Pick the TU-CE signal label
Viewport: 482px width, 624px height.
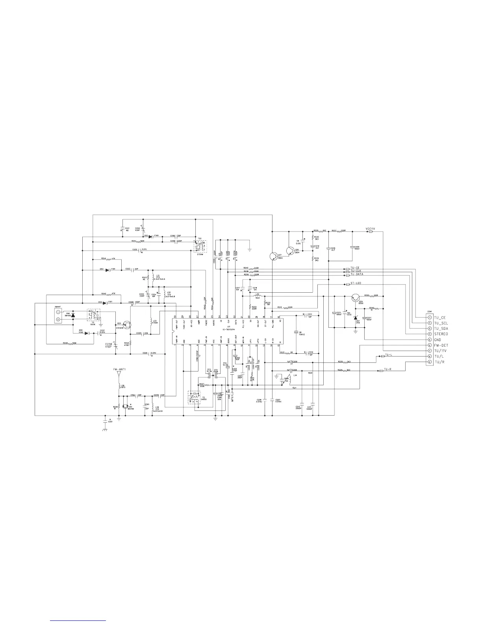point(355,268)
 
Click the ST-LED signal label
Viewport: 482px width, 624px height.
point(356,284)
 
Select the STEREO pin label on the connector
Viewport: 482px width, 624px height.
point(441,334)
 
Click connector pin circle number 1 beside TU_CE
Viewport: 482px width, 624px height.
point(430,317)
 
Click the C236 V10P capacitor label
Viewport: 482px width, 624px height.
point(109,346)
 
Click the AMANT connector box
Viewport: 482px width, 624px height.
point(58,316)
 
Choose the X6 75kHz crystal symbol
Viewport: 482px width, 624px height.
point(297,332)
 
